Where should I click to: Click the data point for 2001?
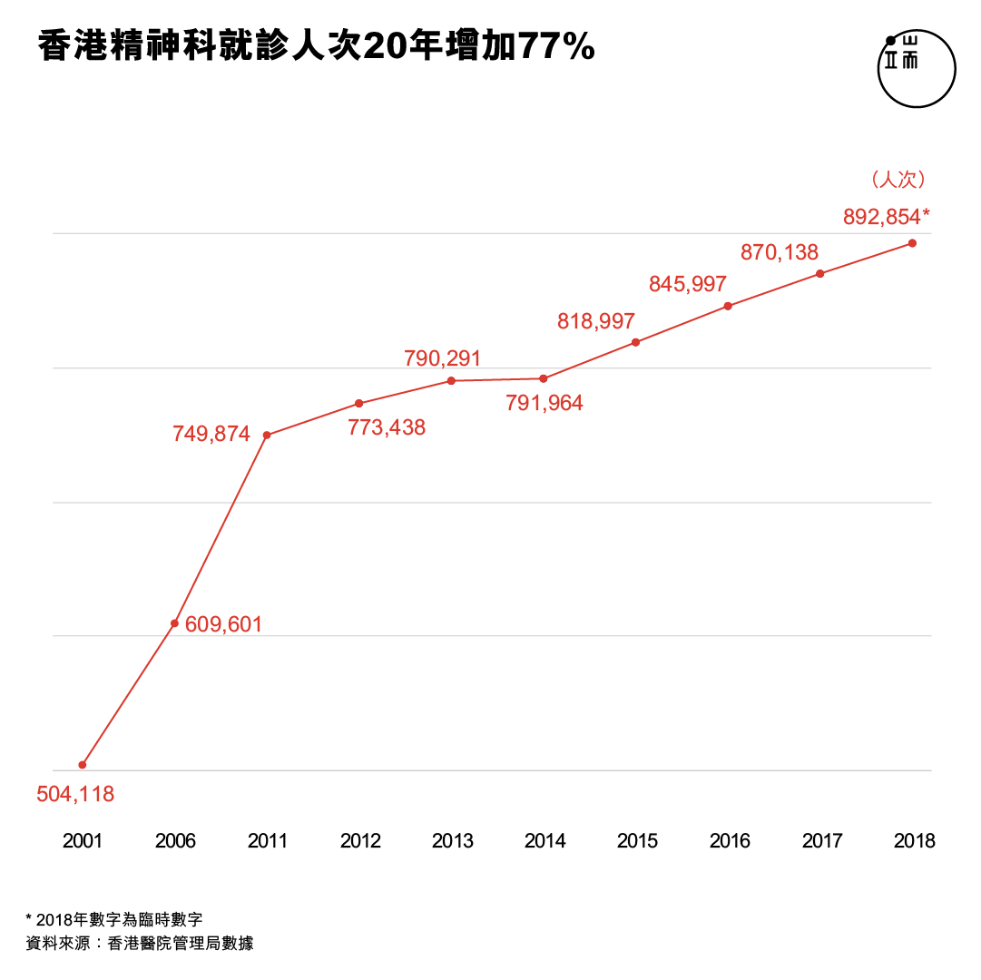tap(83, 765)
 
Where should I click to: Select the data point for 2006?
tap(174, 623)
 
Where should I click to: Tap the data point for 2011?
tap(267, 435)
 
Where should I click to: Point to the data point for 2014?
tap(544, 378)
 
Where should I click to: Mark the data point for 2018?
tap(912, 243)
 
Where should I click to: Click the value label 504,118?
tap(75, 794)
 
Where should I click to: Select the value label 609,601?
tap(223, 624)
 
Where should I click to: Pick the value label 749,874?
tap(211, 434)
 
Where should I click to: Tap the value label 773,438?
tap(387, 426)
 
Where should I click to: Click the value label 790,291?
tap(443, 358)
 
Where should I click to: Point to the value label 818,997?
tap(596, 320)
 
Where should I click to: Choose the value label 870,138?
tap(780, 252)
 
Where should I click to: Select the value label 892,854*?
tap(887, 216)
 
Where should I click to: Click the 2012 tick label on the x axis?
tap(360, 841)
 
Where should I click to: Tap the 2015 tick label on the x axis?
tap(637, 841)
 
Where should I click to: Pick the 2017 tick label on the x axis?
tap(822, 841)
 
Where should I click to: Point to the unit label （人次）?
tap(898, 180)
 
